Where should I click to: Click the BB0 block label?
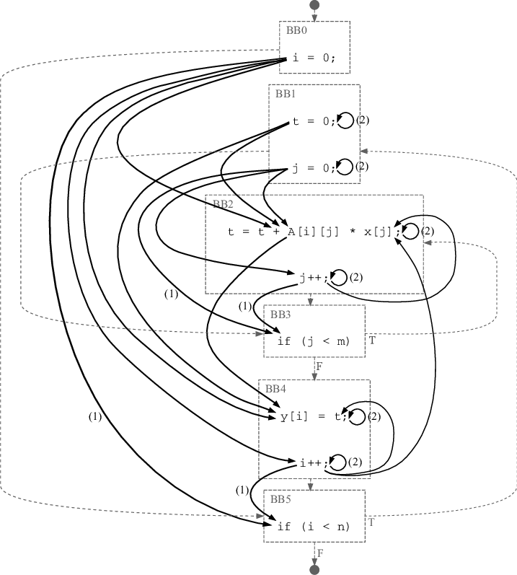[296, 30]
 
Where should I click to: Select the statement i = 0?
[314, 58]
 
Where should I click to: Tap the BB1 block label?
[286, 94]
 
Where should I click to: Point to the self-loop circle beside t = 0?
[345, 120]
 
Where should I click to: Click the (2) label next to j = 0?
[362, 167]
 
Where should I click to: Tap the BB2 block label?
[223, 203]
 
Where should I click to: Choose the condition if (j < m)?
[313, 341]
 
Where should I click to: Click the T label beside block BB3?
[372, 338]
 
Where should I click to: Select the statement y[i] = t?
[314, 416]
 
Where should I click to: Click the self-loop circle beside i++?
[337, 462]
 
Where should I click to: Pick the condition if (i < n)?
[313, 527]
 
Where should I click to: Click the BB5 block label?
[280, 499]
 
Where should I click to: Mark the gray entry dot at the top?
[314, 5]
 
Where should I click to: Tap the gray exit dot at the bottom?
[314, 570]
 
